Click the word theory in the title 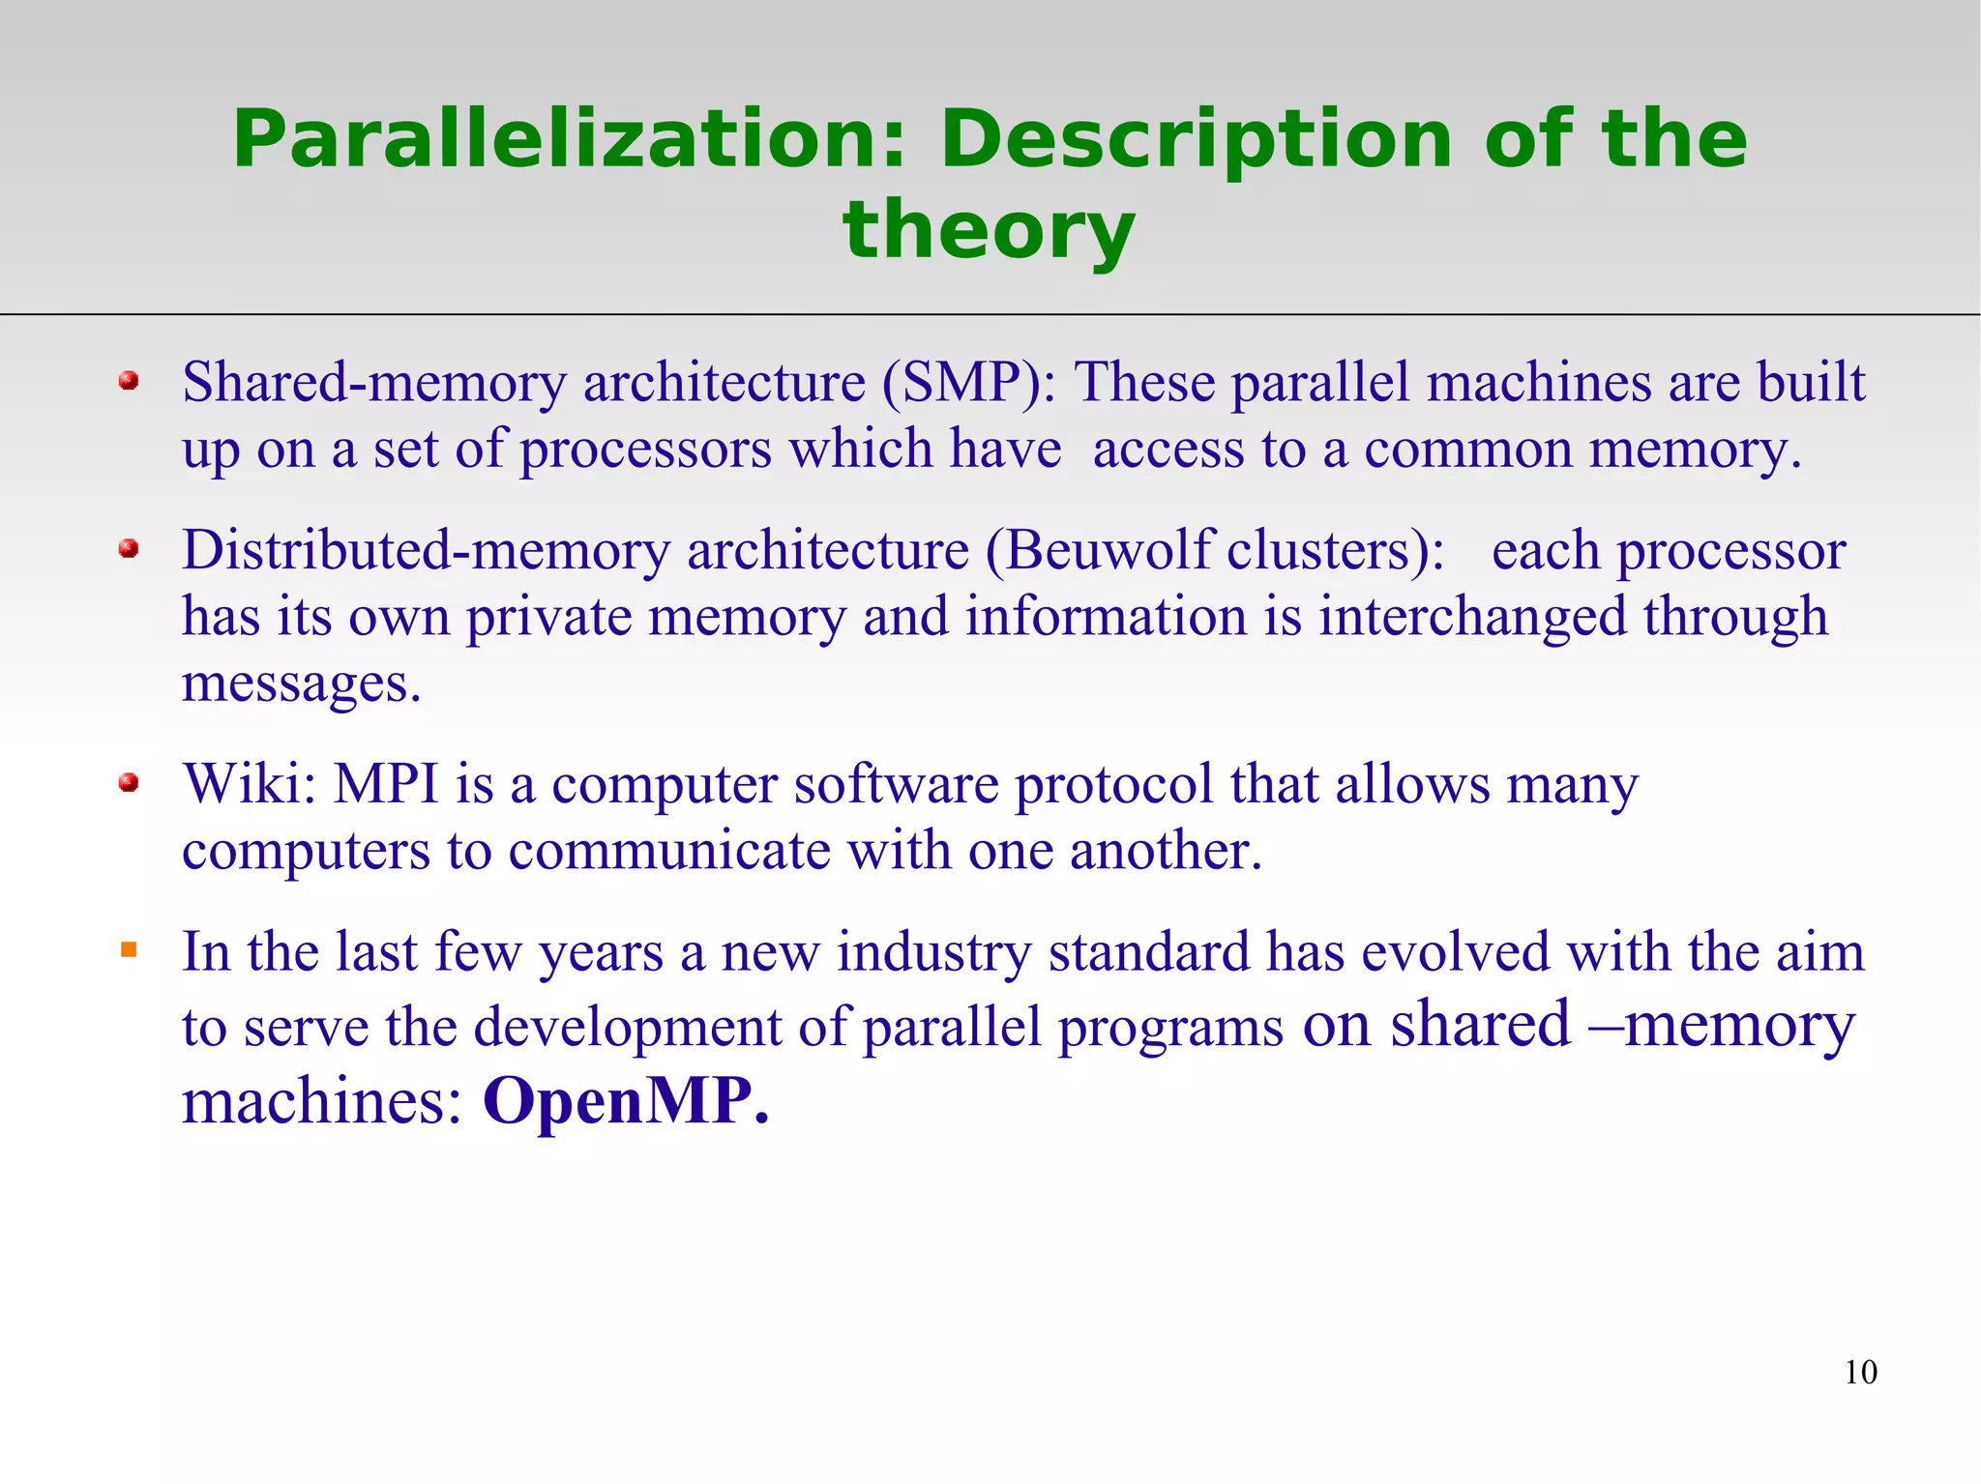tap(989, 230)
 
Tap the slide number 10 tap(1860, 1372)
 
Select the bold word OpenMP tap(625, 1101)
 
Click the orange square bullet tap(129, 950)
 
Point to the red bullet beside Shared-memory tap(129, 381)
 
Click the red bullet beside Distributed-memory tap(129, 549)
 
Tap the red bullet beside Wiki tap(129, 782)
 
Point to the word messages tap(301, 684)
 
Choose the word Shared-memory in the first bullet tap(373, 382)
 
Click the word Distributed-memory tap(426, 550)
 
